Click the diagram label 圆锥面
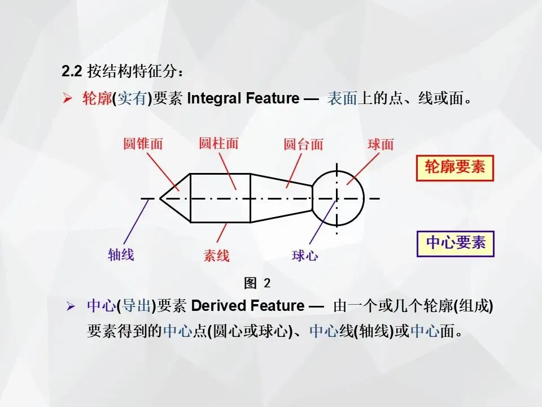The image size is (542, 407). click(143, 144)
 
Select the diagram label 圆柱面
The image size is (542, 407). click(218, 143)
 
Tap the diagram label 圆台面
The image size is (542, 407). click(303, 144)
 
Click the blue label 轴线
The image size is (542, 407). click(121, 254)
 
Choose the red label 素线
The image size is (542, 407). click(216, 256)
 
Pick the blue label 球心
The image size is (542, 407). click(305, 256)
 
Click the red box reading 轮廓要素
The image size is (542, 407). click(454, 168)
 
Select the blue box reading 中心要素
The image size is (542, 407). click(455, 243)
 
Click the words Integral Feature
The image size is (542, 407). click(243, 99)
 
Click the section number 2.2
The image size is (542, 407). click(72, 72)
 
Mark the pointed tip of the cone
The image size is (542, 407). click(160, 198)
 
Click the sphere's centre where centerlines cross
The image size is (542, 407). click(337, 198)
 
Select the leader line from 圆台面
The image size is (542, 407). click(295, 170)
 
